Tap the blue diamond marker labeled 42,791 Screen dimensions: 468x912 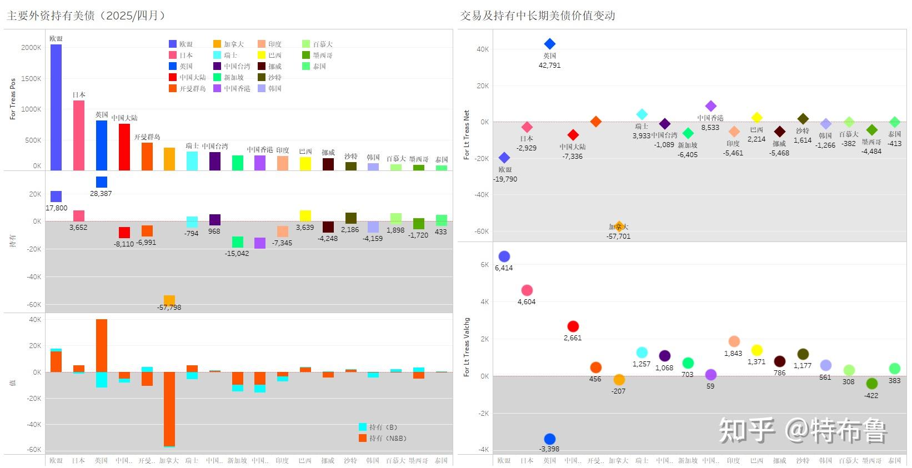click(x=550, y=44)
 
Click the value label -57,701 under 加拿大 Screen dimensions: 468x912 click(x=618, y=236)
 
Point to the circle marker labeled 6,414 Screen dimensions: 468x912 click(x=504, y=256)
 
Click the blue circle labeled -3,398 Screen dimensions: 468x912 click(x=550, y=439)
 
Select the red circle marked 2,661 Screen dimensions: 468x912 click(x=573, y=326)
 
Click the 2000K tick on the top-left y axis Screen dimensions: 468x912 click(x=31, y=48)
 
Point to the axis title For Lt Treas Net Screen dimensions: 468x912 click(x=467, y=135)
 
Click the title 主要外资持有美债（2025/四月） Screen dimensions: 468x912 click(x=87, y=16)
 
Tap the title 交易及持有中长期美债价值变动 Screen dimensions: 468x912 click(x=538, y=16)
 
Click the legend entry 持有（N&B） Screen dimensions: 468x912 click(x=383, y=438)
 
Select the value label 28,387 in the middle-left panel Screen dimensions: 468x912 click(x=101, y=194)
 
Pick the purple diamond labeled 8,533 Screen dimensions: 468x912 click(x=710, y=106)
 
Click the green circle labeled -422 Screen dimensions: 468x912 click(x=871, y=384)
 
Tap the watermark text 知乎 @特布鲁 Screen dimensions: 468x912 click(x=803, y=430)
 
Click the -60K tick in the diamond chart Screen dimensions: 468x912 click(x=481, y=232)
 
